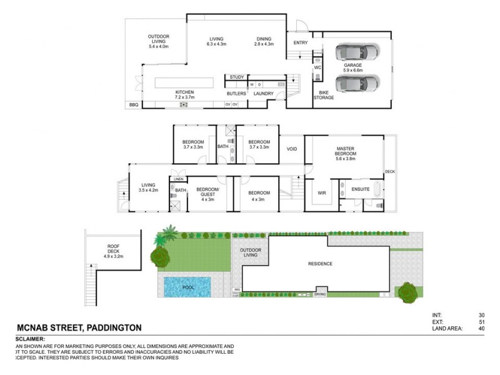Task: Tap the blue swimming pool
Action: [x=187, y=287]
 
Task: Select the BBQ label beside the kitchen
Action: [x=133, y=105]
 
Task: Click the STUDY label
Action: [x=236, y=77]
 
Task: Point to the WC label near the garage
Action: [x=317, y=67]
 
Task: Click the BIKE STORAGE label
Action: [x=324, y=95]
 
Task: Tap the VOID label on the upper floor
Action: [x=292, y=149]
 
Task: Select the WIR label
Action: [x=322, y=193]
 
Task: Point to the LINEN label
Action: [x=179, y=179]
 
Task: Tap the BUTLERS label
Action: [x=236, y=93]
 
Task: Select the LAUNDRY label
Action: [x=264, y=93]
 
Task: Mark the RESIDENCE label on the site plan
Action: [x=319, y=264]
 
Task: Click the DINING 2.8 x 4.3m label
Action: [x=264, y=41]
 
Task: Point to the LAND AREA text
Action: [x=446, y=328]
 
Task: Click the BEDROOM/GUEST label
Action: [x=207, y=195]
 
